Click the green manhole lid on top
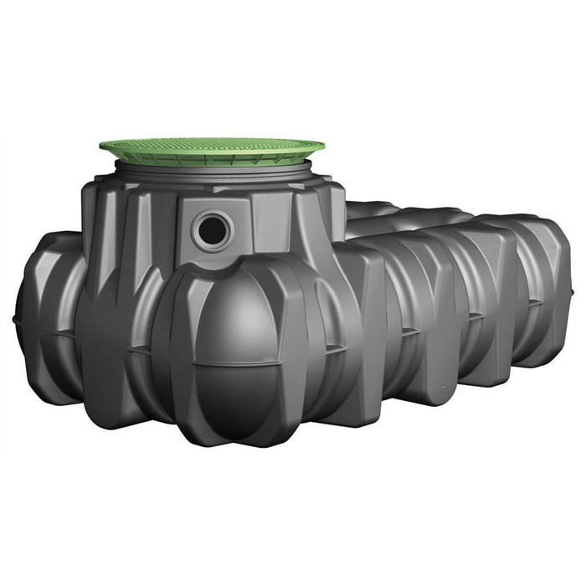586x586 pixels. click(x=211, y=151)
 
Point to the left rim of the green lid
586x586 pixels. click(x=105, y=150)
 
